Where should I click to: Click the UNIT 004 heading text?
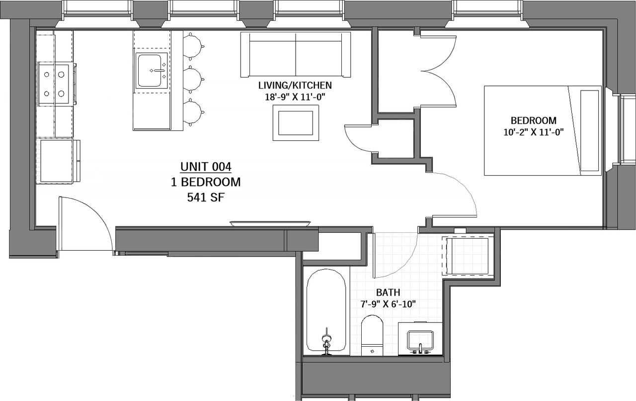click(x=206, y=167)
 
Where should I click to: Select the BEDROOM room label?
click(x=533, y=120)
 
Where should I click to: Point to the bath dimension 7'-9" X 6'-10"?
click(x=388, y=303)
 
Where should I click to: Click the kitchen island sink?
click(x=152, y=71)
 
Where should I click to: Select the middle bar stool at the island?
click(x=193, y=79)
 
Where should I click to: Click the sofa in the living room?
click(x=296, y=55)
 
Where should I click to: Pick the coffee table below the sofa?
click(x=296, y=123)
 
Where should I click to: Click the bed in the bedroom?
click(x=543, y=130)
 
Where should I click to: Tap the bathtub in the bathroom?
click(x=326, y=311)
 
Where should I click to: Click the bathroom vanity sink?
click(x=420, y=339)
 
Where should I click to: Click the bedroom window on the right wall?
click(x=625, y=129)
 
